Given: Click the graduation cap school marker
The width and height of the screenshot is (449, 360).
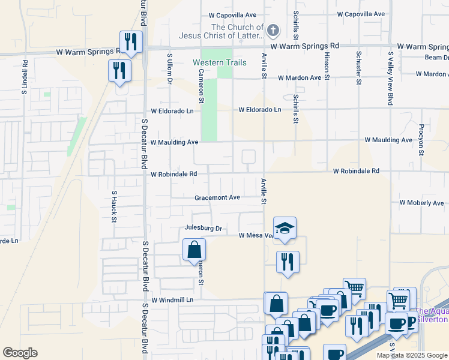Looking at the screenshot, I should coord(285,228).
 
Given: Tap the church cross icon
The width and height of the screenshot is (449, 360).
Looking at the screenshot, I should coord(273,29).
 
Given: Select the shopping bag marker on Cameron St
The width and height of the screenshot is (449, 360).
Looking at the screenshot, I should coord(194,250).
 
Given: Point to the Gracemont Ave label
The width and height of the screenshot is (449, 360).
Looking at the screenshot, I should coord(217,197).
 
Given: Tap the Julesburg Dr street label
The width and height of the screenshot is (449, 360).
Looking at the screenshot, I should coord(203,229).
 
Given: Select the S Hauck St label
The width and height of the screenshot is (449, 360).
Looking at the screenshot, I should coord(113,206).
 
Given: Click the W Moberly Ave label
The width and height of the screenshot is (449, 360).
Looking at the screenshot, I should coord(421,203).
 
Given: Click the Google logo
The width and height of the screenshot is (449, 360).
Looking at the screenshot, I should coord(20,353).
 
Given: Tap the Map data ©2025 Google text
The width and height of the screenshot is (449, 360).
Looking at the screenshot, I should coord(411,355).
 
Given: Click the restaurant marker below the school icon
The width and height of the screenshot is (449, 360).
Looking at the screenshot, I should coord(288,262).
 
